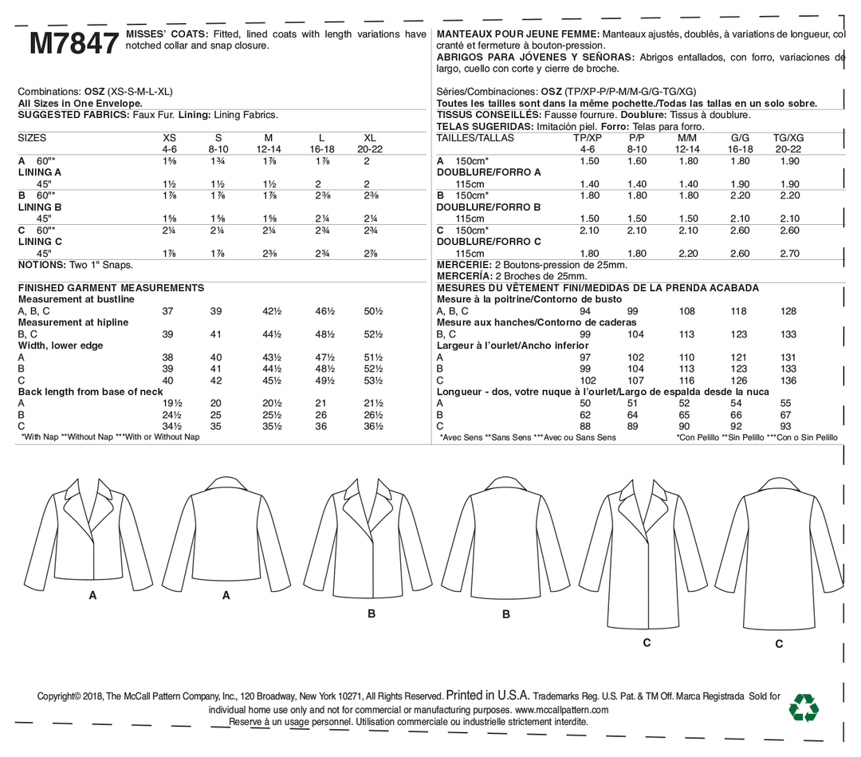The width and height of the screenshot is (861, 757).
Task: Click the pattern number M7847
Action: coord(73,44)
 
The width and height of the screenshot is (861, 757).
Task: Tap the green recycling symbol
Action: coord(803,708)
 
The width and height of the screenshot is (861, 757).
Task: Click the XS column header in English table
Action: coord(169,138)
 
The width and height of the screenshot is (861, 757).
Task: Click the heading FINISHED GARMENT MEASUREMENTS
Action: coord(111,288)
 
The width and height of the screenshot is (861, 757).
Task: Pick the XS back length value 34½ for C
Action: coord(172,427)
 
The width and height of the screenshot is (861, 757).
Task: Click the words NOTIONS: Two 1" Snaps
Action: coord(75,265)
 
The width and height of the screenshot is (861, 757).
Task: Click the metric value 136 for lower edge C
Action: coord(788,380)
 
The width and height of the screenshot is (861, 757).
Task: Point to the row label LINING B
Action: coord(40,207)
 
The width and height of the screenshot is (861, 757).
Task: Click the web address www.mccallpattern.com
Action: coord(561,709)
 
